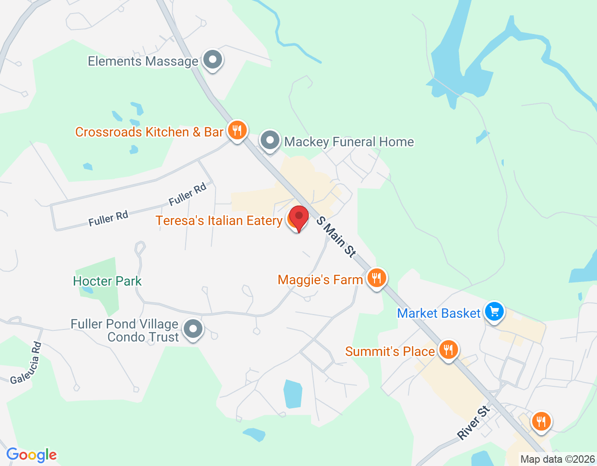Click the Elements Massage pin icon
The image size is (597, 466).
pyautogui.click(x=213, y=60)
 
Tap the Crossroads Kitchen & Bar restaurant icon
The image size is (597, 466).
pyautogui.click(x=237, y=130)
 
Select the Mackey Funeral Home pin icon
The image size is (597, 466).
pyautogui.click(x=270, y=140)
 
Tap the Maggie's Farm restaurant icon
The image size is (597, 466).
pyautogui.click(x=376, y=278)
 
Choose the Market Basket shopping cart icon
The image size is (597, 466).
pyautogui.click(x=494, y=311)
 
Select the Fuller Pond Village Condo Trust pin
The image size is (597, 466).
pyautogui.click(x=193, y=329)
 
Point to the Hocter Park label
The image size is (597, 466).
pyautogui.click(x=107, y=281)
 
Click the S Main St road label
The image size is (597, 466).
pyautogui.click(x=336, y=237)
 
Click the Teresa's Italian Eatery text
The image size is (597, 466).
pyautogui.click(x=219, y=220)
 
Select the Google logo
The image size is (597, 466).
pyautogui.click(x=31, y=455)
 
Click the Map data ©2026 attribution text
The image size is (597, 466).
pyautogui.click(x=557, y=459)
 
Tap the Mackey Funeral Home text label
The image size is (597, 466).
pyautogui.click(x=349, y=142)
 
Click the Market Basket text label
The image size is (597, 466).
pyautogui.click(x=438, y=313)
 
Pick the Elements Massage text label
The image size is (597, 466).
pyautogui.click(x=143, y=61)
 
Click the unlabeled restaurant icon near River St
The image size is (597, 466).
pyautogui.click(x=541, y=421)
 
